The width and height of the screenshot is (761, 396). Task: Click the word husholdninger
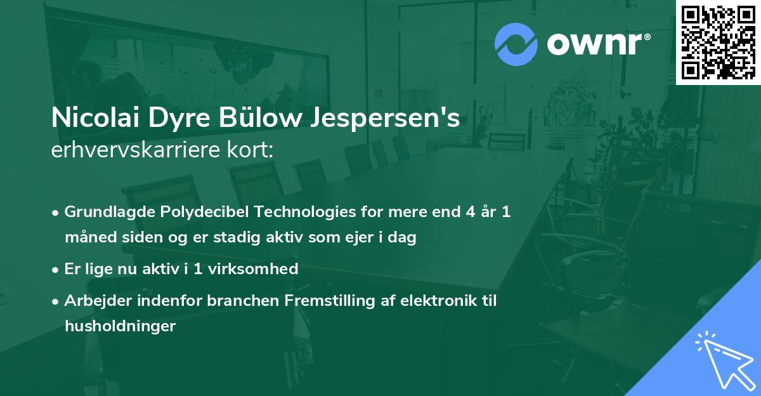click(x=120, y=326)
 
